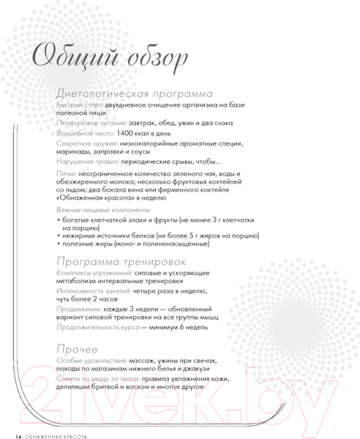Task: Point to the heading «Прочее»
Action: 77,346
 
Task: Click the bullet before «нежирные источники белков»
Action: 59,239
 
